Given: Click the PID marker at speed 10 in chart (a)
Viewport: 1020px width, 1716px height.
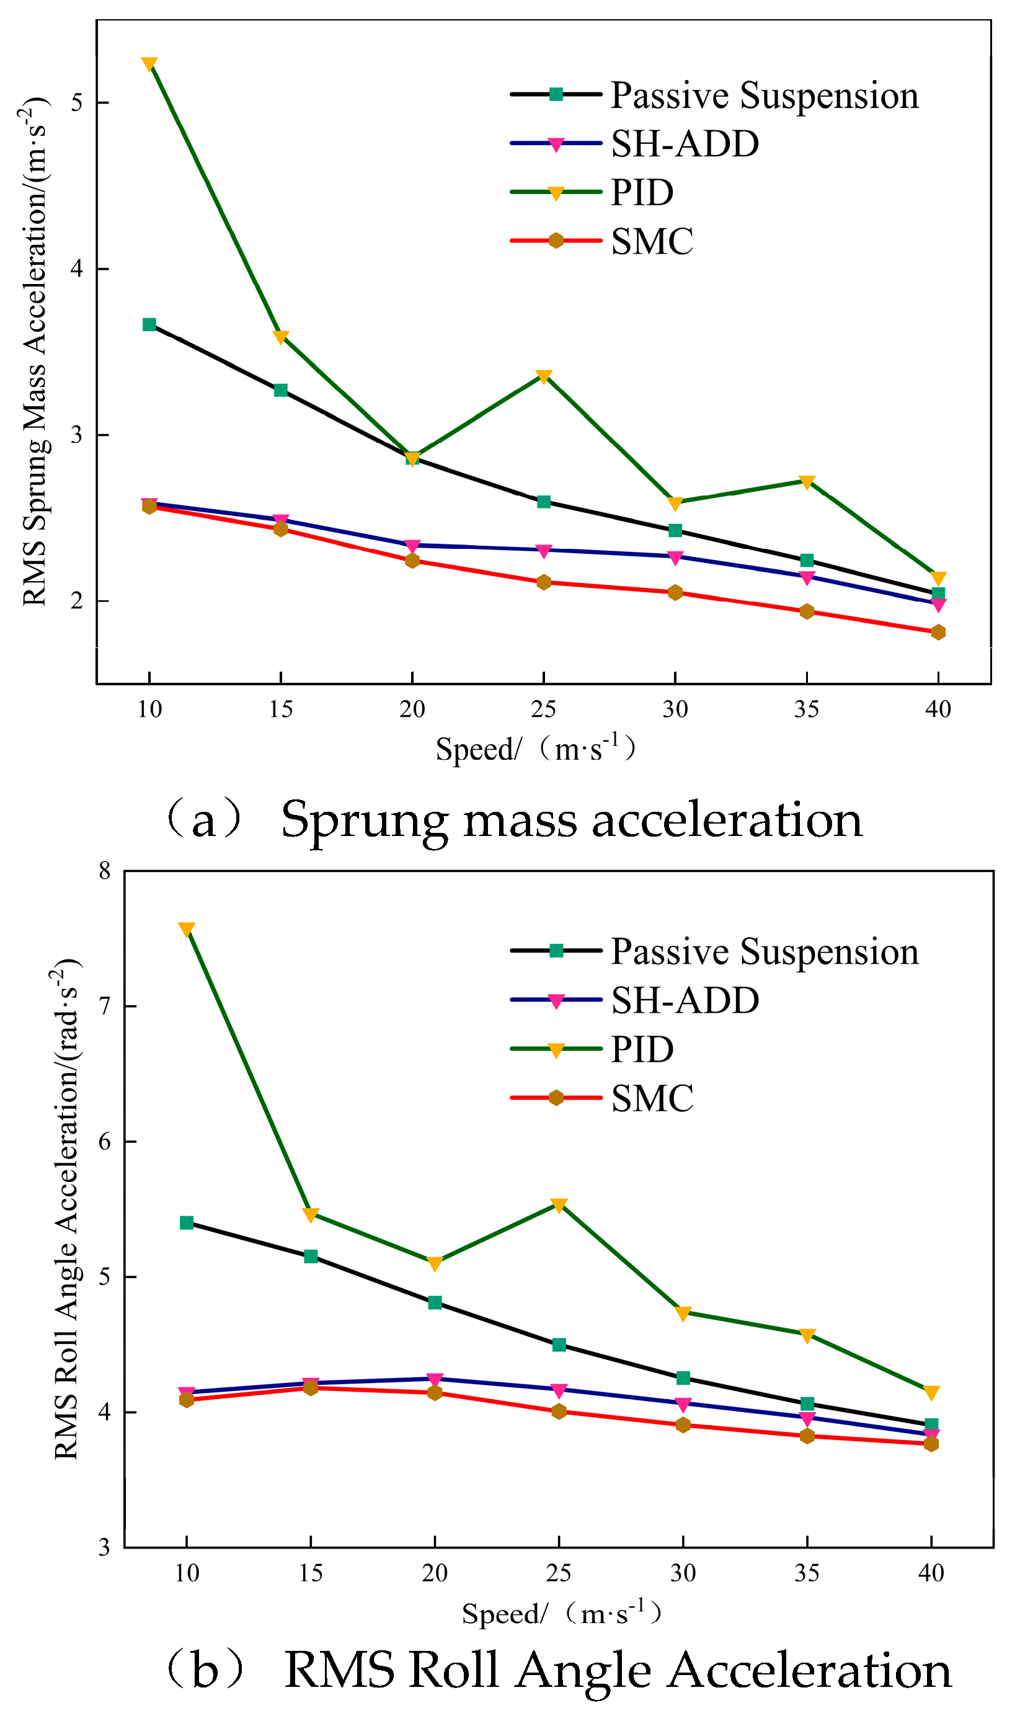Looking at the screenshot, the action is click(x=149, y=64).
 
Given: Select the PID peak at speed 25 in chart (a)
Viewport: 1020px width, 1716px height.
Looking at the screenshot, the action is click(x=544, y=376).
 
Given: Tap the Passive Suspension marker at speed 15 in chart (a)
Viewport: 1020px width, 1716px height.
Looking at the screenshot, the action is click(x=280, y=390).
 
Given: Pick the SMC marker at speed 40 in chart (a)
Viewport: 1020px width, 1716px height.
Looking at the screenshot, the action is click(x=938, y=632).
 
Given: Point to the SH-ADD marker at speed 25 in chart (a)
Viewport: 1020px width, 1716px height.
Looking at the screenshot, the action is click(x=544, y=551).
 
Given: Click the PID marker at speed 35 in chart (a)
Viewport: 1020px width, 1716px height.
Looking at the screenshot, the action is click(x=807, y=482).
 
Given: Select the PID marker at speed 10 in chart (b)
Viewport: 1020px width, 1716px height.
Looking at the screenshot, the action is click(x=186, y=930).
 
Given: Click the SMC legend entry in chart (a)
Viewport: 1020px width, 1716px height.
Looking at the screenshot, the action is click(x=601, y=241).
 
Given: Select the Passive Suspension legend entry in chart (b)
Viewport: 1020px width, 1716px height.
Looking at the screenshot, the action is click(x=715, y=952).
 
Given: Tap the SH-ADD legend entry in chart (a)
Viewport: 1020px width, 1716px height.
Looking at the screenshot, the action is click(x=634, y=144).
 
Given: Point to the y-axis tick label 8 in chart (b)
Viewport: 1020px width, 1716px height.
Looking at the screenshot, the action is click(x=104, y=871).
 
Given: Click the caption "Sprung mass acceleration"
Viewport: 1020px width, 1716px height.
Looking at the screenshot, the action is click(x=572, y=820).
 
